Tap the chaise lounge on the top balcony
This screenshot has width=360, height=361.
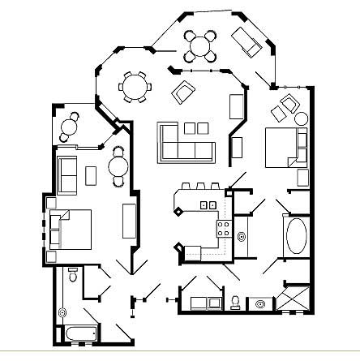246,41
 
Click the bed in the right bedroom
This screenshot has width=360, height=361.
285,147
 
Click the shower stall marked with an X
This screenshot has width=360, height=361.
293,300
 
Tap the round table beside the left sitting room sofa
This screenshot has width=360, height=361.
119,168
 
